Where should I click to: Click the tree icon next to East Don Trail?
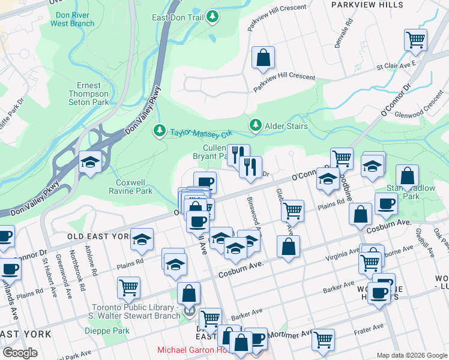click(x=212, y=18)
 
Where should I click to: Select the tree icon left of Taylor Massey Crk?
click(x=160, y=130)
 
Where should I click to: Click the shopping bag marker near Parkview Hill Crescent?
click(x=263, y=58)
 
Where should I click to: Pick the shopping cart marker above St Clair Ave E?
click(x=415, y=40)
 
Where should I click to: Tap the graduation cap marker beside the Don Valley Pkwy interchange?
click(x=90, y=162)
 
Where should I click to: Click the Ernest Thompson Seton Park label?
click(x=89, y=94)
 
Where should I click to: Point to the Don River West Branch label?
click(x=72, y=19)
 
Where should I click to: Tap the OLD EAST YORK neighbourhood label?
click(x=98, y=236)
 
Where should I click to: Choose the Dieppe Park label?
click(x=113, y=331)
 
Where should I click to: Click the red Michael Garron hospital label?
click(x=192, y=350)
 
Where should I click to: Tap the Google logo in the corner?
click(x=19, y=352)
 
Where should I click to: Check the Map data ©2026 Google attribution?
click(x=411, y=355)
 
